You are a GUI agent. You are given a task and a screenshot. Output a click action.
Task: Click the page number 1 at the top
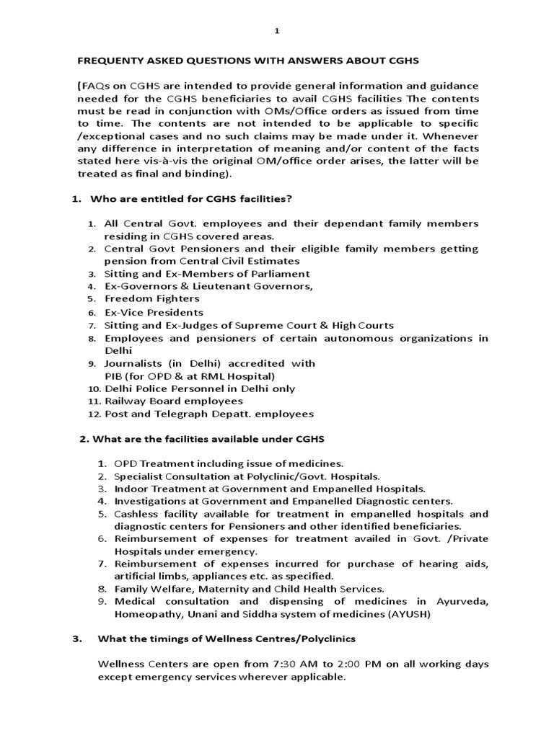pyautogui.click(x=277, y=31)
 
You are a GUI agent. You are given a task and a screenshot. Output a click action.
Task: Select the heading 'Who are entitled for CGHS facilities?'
pyautogui.click(x=188, y=198)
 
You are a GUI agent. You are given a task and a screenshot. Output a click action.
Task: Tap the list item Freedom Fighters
pyautogui.click(x=152, y=298)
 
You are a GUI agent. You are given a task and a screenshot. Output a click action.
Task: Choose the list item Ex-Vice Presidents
pyautogui.click(x=154, y=312)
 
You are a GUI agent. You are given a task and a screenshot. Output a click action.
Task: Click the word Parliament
pyautogui.click(x=277, y=274)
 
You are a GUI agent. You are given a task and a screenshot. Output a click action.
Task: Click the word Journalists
pyautogui.click(x=134, y=363)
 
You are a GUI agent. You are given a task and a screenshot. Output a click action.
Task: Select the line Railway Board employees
pyautogui.click(x=174, y=401)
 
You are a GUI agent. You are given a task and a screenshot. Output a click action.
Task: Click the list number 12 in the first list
pyautogui.click(x=93, y=414)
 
